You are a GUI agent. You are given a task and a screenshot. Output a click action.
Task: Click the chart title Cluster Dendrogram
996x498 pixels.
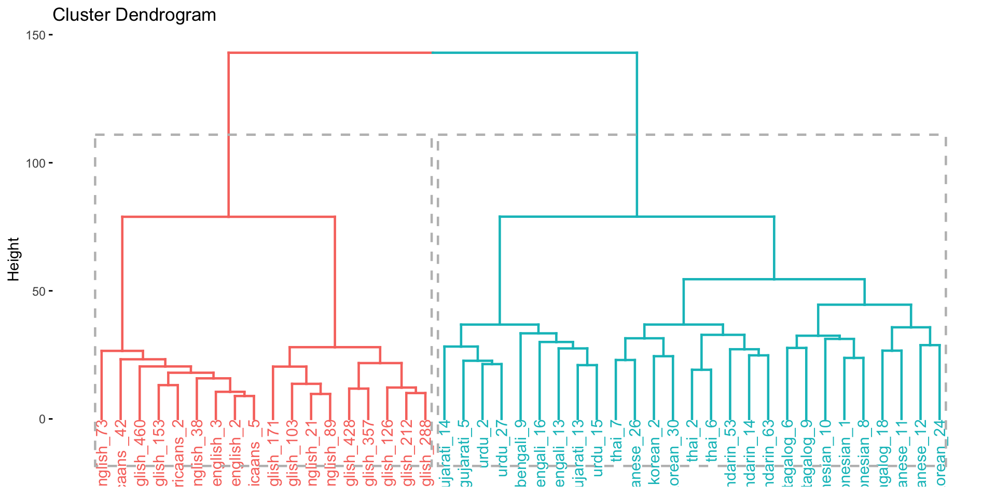click(x=134, y=15)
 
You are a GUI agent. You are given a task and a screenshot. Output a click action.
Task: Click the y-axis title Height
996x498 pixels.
click(x=13, y=259)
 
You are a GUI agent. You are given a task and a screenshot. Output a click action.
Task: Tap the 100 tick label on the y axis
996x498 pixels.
click(x=35, y=163)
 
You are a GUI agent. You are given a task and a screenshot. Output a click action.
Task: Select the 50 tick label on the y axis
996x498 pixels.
click(x=38, y=291)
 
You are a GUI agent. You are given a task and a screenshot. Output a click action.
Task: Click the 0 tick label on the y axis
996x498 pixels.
click(x=42, y=419)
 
